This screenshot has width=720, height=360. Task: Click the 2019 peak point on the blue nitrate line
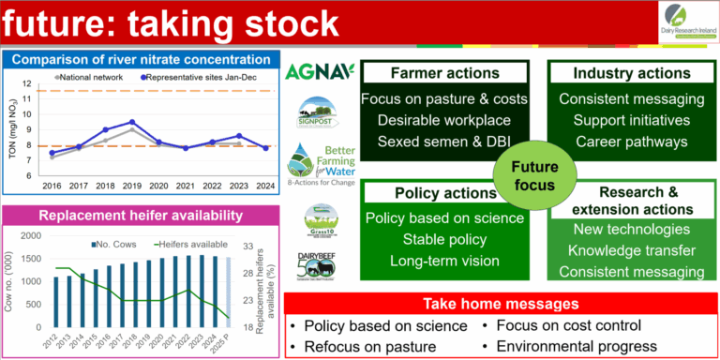(132, 122)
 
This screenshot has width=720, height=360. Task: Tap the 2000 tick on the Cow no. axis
(31, 236)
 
